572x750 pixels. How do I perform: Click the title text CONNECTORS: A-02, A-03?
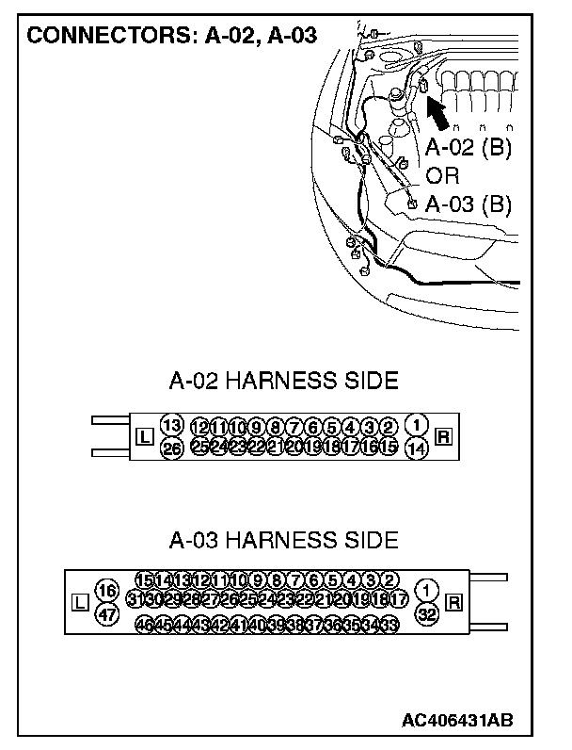170,37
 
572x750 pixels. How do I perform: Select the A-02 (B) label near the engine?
468,149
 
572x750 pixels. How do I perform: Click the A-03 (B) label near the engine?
468,204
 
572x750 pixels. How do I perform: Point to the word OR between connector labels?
443,176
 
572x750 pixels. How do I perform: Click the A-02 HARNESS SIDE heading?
283,381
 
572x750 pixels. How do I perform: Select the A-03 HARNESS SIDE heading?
283,541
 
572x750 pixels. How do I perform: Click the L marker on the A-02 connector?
144,436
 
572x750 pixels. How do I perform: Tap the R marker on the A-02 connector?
444,436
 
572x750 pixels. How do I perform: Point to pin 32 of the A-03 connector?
428,613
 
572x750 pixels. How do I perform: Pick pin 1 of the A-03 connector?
428,590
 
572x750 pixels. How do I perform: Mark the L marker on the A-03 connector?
80,602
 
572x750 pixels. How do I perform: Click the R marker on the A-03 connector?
455,602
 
